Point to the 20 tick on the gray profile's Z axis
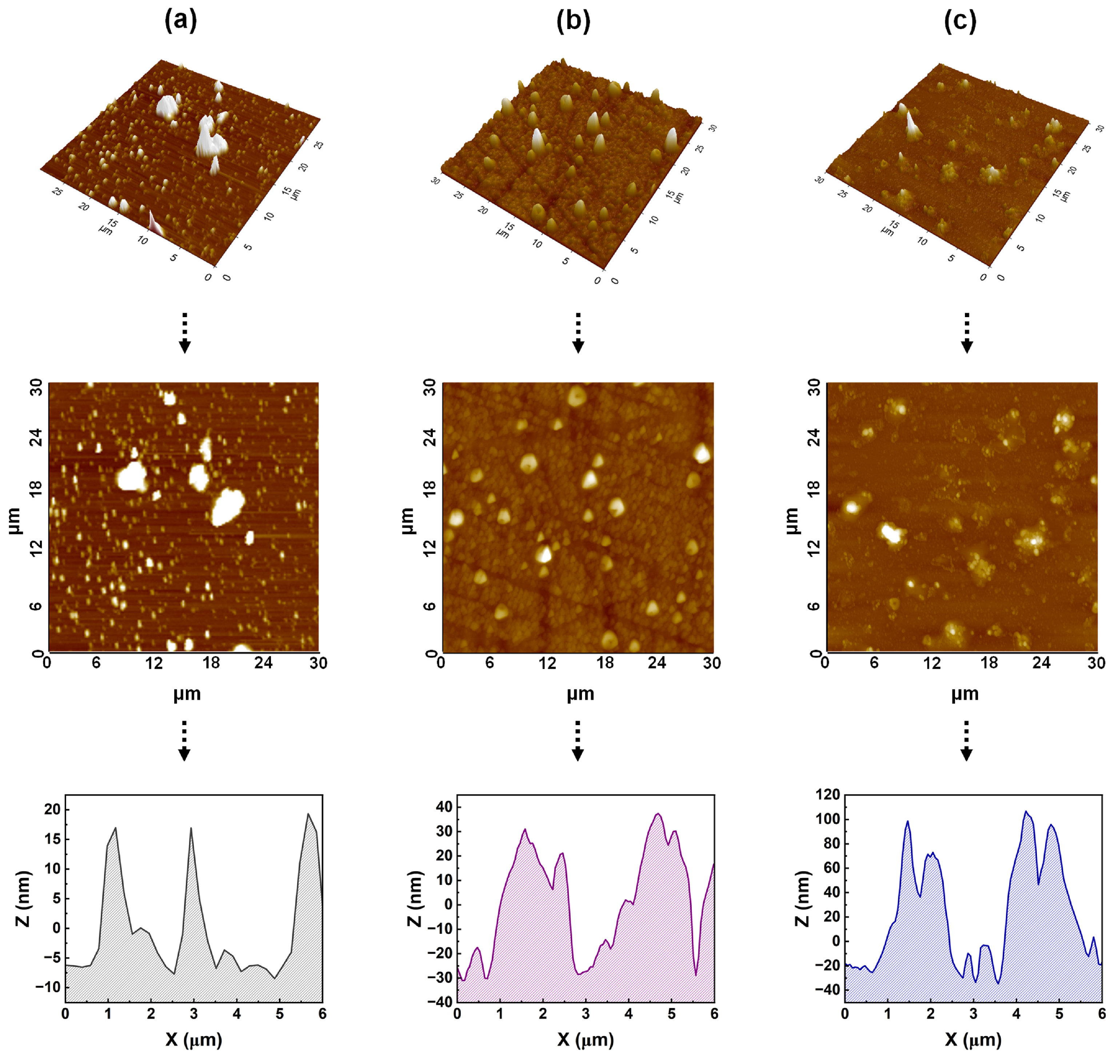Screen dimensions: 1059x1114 52,810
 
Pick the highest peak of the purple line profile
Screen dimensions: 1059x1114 658,814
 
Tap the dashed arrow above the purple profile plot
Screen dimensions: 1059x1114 578,741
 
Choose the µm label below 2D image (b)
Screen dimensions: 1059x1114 580,694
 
